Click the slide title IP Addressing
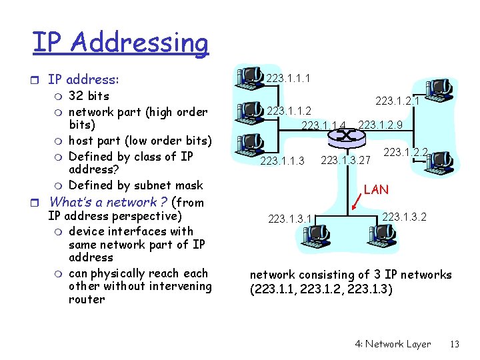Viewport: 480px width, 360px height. coord(120,42)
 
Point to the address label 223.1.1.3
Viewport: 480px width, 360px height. coord(282,161)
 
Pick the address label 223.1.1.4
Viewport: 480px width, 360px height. coord(325,125)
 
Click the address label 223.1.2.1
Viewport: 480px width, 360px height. coord(397,101)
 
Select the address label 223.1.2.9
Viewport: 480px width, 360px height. coord(380,125)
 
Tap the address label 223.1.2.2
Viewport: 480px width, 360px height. coord(405,153)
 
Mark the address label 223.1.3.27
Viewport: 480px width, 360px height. coord(345,160)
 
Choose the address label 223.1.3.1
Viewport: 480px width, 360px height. coord(290,217)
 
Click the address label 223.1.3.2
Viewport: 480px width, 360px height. coord(404,217)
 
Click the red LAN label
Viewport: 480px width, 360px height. coord(376,189)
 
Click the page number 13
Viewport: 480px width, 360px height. coord(455,344)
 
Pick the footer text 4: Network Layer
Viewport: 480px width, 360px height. coord(393,344)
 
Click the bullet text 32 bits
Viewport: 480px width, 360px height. coord(89,96)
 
